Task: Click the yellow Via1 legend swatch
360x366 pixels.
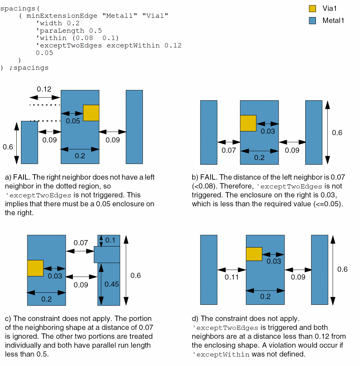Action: [x=312, y=9]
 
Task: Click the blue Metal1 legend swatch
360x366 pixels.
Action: [x=312, y=21]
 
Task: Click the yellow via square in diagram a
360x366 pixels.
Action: [x=91, y=113]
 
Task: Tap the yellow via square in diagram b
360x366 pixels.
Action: [x=248, y=123]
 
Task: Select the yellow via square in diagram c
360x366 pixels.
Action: [x=35, y=268]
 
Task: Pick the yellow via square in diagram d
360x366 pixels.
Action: [x=254, y=254]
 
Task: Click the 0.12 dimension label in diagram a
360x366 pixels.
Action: [x=44, y=89]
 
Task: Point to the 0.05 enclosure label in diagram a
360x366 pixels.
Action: [x=73, y=121]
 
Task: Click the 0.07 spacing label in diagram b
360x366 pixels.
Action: [x=229, y=150]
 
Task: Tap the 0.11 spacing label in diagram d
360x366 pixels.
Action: [x=231, y=277]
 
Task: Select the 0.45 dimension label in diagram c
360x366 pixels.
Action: [x=112, y=284]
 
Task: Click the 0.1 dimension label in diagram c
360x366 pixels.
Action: [x=111, y=240]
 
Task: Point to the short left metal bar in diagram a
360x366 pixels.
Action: [x=29, y=142]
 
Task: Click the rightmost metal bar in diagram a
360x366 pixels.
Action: [x=134, y=127]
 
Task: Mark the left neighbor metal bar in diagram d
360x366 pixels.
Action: [x=209, y=270]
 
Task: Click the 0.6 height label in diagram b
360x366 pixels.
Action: [x=337, y=133]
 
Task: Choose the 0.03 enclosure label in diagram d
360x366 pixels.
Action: [x=273, y=261]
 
